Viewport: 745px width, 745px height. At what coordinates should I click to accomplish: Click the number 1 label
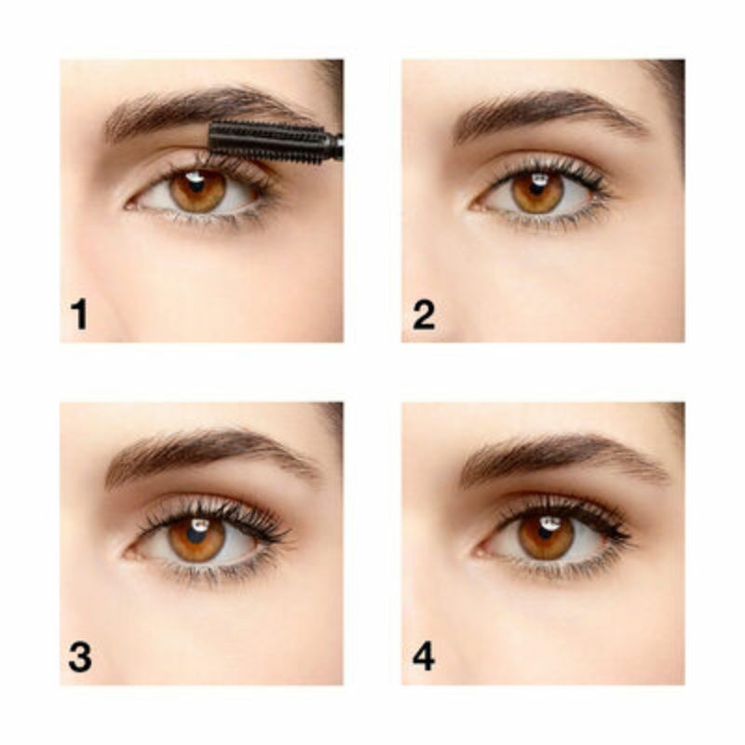[x=79, y=314]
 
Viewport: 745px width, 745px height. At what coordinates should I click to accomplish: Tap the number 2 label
[x=424, y=314]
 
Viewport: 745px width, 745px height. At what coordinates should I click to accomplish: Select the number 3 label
[x=80, y=657]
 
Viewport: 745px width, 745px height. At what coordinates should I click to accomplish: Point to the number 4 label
[x=424, y=657]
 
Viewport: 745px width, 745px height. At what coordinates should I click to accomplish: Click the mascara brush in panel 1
[x=270, y=141]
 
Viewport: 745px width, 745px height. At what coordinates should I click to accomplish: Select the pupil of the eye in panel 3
[x=196, y=537]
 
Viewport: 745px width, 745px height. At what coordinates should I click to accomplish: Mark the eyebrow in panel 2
[x=540, y=110]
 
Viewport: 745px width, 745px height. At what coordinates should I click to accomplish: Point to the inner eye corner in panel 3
[x=128, y=551]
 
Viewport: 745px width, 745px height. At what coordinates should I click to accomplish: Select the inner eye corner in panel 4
[x=476, y=551]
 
